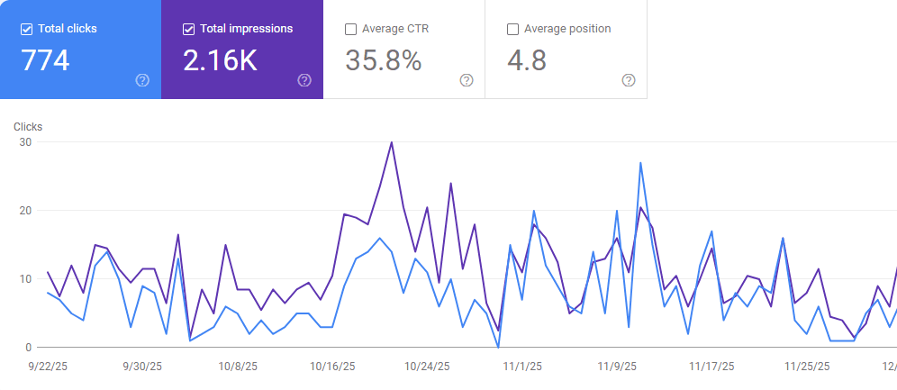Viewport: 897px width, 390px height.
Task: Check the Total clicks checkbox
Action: point(26,29)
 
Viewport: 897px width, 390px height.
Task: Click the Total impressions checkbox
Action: point(188,29)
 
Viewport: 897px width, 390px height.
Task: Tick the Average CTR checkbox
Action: point(350,29)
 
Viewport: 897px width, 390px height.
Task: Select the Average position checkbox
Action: point(512,29)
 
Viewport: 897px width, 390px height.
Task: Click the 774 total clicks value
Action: point(45,60)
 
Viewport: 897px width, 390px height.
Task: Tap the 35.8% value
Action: point(383,60)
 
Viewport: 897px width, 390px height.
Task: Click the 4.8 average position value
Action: point(526,60)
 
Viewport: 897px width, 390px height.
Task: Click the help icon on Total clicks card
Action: point(142,80)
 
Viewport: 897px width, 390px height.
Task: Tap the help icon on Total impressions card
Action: point(304,80)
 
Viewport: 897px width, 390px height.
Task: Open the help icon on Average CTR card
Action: point(467,80)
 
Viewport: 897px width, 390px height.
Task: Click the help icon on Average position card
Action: point(629,80)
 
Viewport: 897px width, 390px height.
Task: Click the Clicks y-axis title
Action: point(28,127)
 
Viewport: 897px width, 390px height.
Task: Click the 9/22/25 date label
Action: point(48,367)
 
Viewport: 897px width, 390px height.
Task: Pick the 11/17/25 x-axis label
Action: point(711,367)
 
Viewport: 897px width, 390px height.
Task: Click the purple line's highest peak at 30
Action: point(391,142)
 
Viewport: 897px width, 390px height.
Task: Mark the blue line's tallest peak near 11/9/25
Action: point(640,163)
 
